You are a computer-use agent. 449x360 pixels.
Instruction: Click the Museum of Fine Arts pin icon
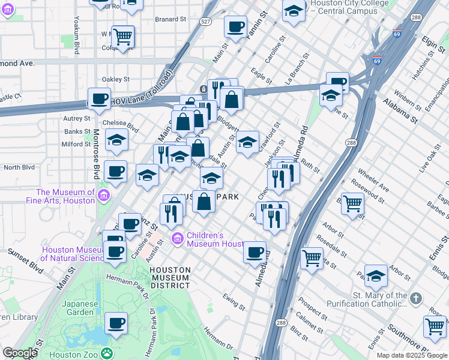coord(103,196)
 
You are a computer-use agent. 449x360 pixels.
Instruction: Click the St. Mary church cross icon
coord(415,298)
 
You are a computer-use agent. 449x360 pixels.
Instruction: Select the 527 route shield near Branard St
coord(206,22)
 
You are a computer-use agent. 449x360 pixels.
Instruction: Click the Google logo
coord(20,353)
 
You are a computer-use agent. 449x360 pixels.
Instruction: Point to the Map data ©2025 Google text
coord(412,355)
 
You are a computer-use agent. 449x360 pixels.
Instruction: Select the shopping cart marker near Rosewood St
coord(352,203)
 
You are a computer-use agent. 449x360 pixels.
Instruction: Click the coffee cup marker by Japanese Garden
coord(116,322)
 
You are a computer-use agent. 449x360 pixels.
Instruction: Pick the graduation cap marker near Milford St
coord(117,140)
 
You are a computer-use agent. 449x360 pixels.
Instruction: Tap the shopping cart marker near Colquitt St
coord(122,36)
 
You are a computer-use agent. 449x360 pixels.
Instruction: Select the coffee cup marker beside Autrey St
coord(100,98)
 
